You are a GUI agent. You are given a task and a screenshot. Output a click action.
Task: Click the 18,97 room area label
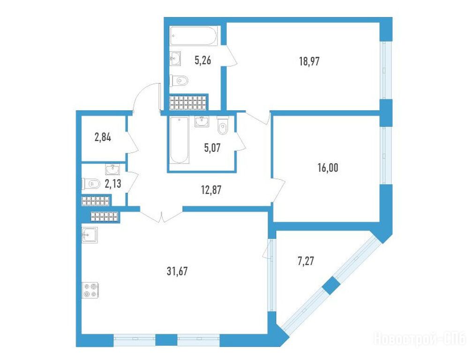pos(309,61)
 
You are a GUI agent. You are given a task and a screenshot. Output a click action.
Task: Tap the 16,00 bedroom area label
pos(328,168)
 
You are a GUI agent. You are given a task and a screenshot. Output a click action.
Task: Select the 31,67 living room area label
pos(177,271)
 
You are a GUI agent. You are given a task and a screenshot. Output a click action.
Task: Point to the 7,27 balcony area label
pos(306,261)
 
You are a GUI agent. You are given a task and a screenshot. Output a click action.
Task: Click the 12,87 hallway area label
pos(211,190)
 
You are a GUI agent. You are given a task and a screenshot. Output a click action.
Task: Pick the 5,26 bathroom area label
pos(203,60)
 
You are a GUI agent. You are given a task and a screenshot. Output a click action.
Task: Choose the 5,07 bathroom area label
pos(212,148)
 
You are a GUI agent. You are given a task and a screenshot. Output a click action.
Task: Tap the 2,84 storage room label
pos(103,138)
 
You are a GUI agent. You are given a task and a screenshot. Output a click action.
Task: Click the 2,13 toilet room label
pos(113,183)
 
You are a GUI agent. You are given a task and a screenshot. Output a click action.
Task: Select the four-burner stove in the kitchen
pos(90,290)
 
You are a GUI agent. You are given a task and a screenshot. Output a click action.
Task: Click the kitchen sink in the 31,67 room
pos(90,235)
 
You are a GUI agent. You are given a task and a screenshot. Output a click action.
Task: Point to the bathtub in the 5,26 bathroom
pos(193,36)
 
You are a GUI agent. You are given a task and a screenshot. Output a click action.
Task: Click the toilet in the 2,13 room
pos(91,183)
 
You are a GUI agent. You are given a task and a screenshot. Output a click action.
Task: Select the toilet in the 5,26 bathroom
pos(179,81)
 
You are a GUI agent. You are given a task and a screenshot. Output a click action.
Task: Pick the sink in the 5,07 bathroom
pos(202,121)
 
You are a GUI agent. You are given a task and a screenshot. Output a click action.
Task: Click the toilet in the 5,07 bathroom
pos(223,125)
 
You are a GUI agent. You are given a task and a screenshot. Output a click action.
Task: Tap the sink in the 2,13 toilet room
pos(113,169)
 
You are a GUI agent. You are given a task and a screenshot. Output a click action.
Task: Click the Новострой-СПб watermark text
pos(420,338)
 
